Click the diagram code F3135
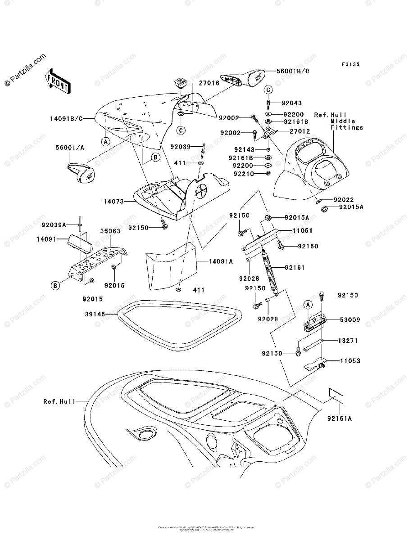point(350,65)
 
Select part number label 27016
point(210,83)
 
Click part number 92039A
point(54,225)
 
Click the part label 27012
point(293,131)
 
